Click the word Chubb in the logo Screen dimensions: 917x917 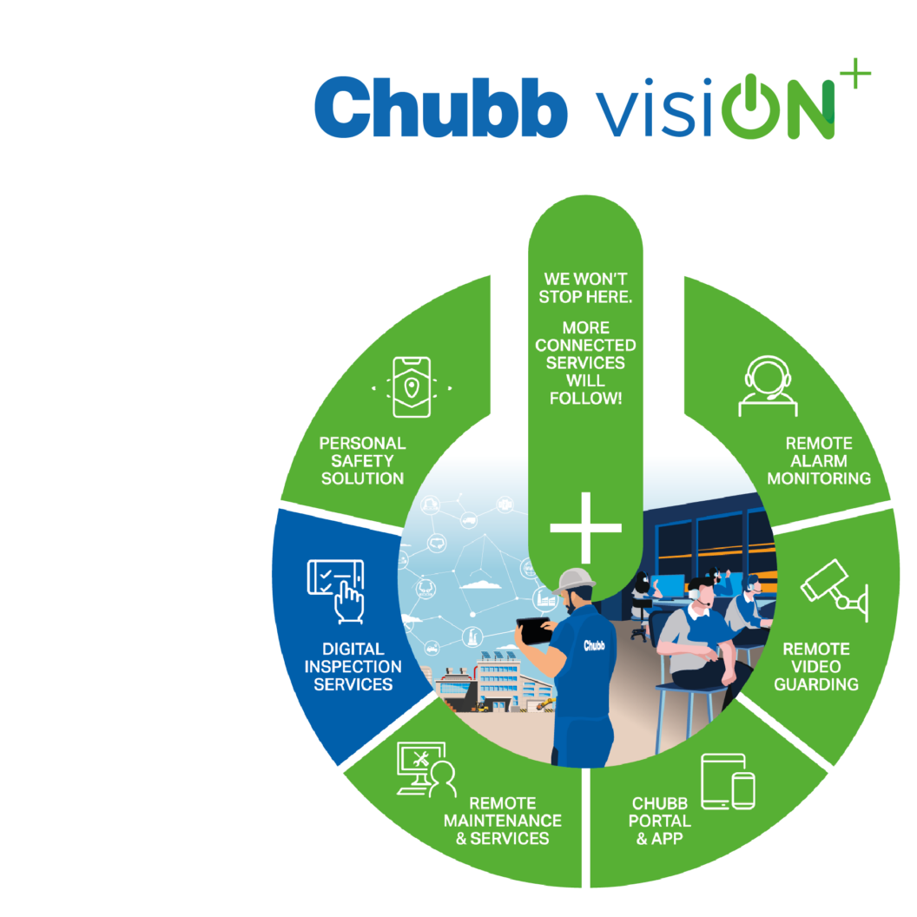point(441,107)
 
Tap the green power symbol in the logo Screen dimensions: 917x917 point(751,107)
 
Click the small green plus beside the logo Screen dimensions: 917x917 point(855,73)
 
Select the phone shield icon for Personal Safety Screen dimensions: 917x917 point(412,387)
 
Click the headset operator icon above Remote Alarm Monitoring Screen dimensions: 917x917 point(768,386)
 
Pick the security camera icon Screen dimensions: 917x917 point(835,590)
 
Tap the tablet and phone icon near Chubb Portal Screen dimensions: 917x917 point(728,782)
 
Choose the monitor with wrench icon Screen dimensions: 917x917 point(426,769)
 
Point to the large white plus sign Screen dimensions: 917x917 point(585,527)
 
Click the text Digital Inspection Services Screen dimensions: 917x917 point(353,667)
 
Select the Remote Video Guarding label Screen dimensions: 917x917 point(815,667)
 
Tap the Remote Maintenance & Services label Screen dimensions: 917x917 point(503,821)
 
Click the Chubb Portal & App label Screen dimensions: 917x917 point(660,821)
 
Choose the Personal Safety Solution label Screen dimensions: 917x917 point(362,461)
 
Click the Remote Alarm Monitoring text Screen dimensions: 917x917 point(819,461)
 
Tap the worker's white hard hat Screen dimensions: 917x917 point(575,581)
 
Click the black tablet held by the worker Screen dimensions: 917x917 point(533,630)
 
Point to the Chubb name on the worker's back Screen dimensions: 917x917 point(594,646)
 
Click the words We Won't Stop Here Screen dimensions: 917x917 point(585,287)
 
